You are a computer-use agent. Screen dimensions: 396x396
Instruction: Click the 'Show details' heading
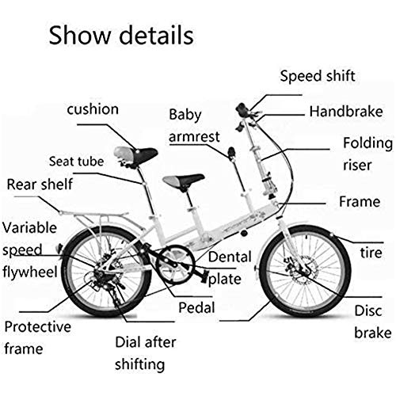click(121, 35)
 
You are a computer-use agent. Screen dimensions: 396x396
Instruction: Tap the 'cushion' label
click(103, 108)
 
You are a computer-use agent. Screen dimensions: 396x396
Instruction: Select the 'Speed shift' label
click(317, 77)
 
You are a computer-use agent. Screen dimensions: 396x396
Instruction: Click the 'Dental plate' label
click(231, 268)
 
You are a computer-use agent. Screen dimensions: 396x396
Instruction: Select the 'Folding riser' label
click(367, 154)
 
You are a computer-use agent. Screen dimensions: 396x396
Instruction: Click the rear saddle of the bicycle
click(130, 154)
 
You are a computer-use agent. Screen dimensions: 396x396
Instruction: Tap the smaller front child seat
click(180, 182)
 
